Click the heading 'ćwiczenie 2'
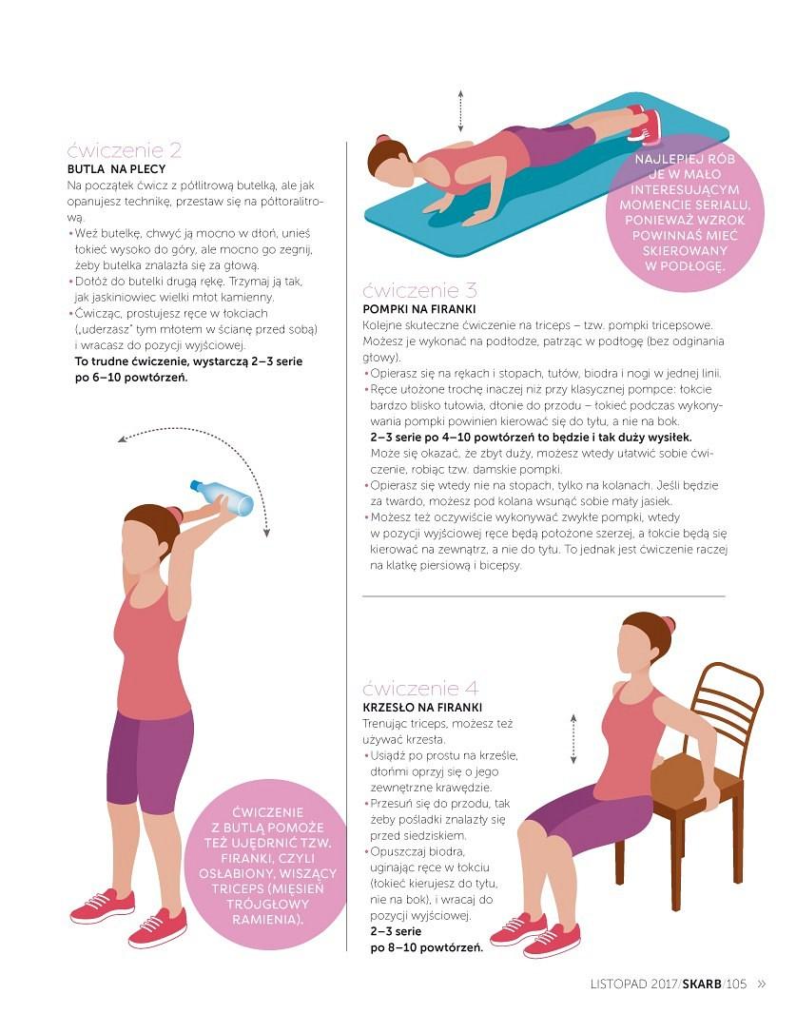pos(124,151)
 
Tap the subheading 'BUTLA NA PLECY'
pos(117,169)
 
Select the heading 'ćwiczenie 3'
pos(419,290)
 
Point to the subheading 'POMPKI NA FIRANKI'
pos(419,309)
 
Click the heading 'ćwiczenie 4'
pos(420,689)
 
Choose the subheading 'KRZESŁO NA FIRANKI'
pos(422,708)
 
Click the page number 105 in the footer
pos(736,984)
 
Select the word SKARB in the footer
pos(702,984)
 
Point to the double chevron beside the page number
pos(762,984)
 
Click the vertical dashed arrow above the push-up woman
pos(460,111)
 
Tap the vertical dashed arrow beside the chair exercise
pos(573,739)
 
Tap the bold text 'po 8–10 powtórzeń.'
pos(426,947)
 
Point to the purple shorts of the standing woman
pos(149,761)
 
